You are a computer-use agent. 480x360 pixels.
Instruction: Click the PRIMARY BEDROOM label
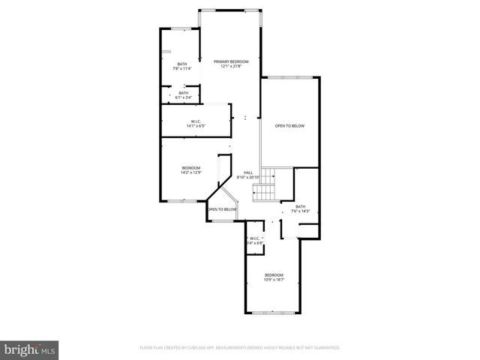tap(230, 61)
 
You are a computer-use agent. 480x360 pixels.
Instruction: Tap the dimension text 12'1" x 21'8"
tap(230, 67)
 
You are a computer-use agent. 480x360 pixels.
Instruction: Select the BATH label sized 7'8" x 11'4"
tap(182, 64)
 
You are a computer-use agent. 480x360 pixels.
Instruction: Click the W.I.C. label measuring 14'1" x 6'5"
tap(195, 121)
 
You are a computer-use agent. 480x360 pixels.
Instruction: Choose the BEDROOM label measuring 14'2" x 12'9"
tap(190, 167)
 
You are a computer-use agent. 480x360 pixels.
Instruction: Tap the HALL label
tap(248, 172)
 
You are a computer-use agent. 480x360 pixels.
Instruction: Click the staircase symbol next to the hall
tap(265, 184)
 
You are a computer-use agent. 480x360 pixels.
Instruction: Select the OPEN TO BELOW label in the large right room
tap(289, 126)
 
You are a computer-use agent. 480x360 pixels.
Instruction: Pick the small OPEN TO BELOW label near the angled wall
tap(223, 209)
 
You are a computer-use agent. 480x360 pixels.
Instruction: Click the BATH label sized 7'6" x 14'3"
tap(301, 206)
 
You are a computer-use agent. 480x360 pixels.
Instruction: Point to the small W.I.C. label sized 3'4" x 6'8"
tap(254, 238)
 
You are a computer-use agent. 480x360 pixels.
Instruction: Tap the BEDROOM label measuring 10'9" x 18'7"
tap(274, 275)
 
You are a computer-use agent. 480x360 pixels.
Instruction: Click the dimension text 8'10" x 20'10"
tap(248, 178)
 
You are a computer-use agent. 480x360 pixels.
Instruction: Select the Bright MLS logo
tap(30, 349)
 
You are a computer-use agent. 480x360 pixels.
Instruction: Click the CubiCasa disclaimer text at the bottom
tap(240, 348)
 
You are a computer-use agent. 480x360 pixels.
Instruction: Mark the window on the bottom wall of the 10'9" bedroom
tap(273, 312)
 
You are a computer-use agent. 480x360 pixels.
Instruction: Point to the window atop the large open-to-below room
tap(290, 76)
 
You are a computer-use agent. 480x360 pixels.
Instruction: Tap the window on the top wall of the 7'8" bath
tap(179, 29)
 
